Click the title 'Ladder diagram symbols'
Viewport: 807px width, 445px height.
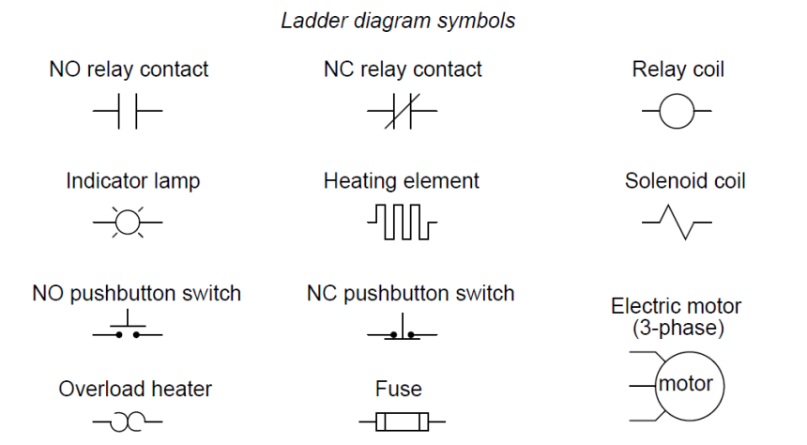(398, 20)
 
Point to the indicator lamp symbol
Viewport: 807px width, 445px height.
(128, 222)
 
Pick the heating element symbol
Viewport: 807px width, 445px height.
(401, 222)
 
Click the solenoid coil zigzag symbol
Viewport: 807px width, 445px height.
(677, 223)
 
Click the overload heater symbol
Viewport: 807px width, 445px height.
(128, 423)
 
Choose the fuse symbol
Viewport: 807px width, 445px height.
(401, 422)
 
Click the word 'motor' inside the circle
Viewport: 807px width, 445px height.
(685, 384)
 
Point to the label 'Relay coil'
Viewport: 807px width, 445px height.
(678, 69)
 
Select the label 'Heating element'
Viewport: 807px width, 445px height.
(401, 180)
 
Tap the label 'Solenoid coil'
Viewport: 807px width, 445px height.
(685, 180)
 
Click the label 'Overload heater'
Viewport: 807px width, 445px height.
(135, 389)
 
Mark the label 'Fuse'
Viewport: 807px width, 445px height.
(398, 389)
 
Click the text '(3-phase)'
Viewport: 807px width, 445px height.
(677, 329)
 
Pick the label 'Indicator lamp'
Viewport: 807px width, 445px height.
(132, 180)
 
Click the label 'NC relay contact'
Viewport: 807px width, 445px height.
(403, 69)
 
